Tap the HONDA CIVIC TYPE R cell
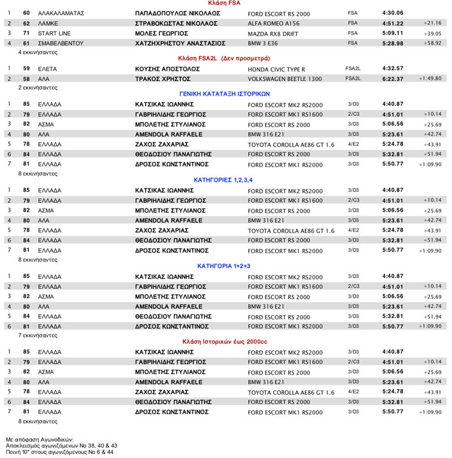click(x=276, y=68)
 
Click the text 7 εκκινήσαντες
click(x=38, y=334)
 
